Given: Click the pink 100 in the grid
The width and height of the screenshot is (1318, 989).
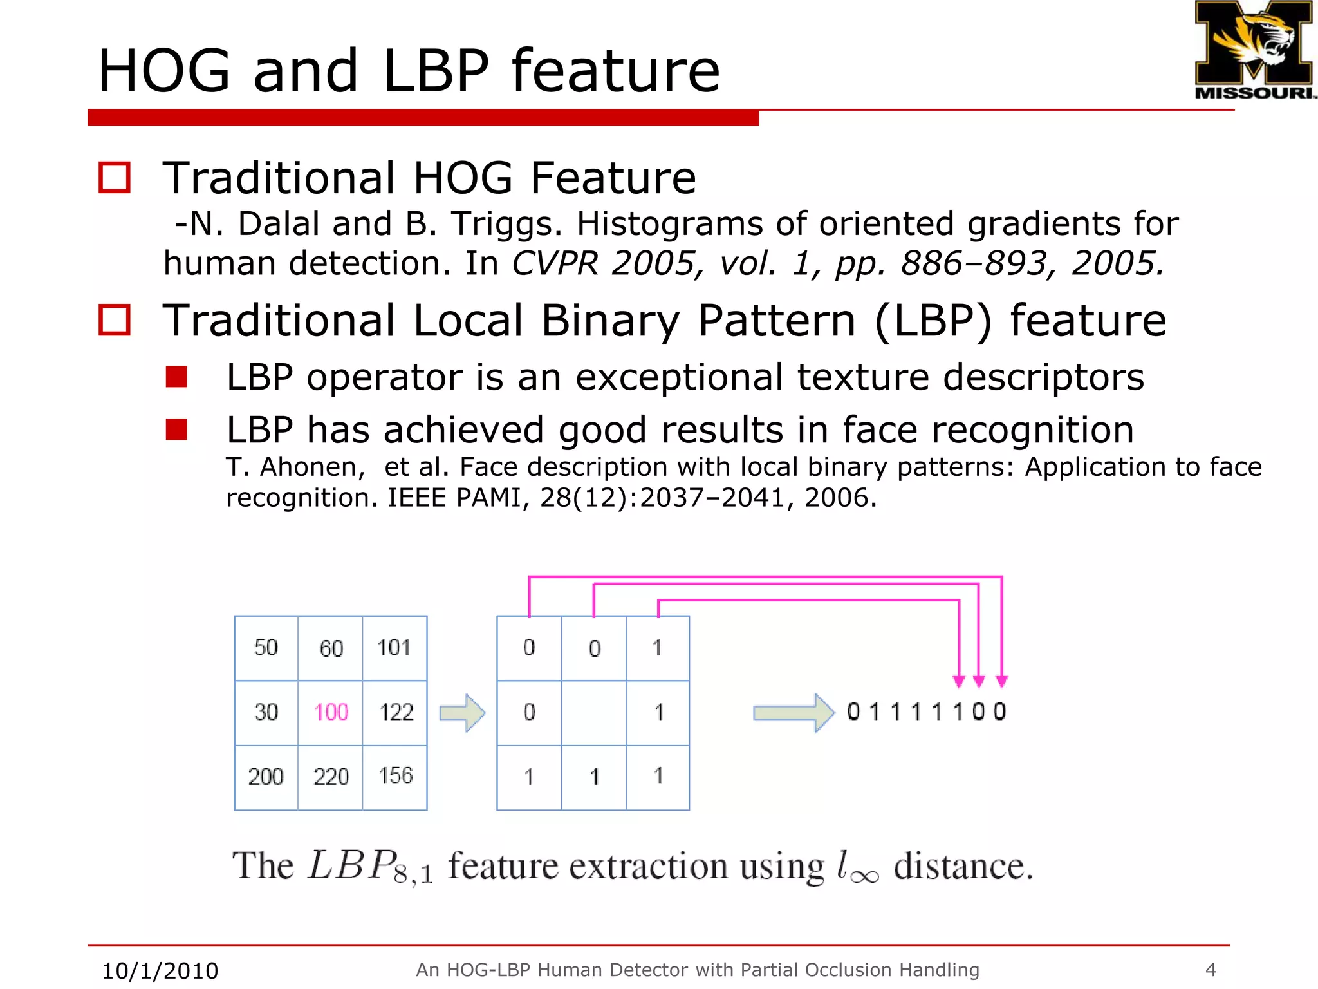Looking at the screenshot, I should (331, 712).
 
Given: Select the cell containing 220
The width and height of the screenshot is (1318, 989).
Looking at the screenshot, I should (331, 777).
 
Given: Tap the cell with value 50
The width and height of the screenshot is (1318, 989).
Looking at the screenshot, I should (266, 647).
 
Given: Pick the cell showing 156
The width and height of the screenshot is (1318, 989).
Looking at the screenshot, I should (395, 776).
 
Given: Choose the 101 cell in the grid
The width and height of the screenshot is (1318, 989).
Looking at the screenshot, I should (394, 647).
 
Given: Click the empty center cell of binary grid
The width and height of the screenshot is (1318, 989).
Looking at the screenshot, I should (593, 712).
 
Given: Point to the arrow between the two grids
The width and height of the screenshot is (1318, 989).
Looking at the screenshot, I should (462, 713).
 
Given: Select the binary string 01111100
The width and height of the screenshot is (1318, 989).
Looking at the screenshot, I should (926, 711).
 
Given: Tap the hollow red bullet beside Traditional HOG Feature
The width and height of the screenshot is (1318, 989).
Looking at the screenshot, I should (115, 178).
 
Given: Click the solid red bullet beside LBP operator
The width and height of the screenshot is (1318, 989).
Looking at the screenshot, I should (176, 377).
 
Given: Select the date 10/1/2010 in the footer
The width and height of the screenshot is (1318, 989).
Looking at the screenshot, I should (160, 970).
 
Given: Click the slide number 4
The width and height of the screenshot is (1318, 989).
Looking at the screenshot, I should (1211, 970).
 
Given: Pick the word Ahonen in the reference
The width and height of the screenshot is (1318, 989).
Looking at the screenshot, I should (312, 467).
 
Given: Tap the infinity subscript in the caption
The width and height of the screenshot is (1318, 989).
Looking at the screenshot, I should (864, 876).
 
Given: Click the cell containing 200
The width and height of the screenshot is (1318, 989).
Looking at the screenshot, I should (266, 777).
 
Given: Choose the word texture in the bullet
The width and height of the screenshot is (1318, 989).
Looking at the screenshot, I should (863, 377).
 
